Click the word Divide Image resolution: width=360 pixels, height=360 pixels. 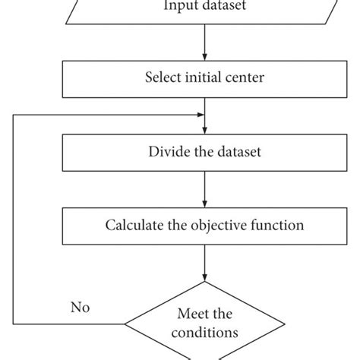pyautogui.click(x=166, y=151)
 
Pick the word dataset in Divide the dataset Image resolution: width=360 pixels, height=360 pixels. pyautogui.click(x=235, y=151)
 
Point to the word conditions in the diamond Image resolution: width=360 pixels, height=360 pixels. pyautogui.click(x=204, y=332)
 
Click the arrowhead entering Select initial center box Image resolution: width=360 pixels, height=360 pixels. pyautogui.click(x=204, y=56)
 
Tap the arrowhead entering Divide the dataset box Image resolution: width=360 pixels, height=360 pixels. pyautogui.click(x=204, y=131)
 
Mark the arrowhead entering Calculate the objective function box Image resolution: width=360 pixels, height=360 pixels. pyautogui.click(x=204, y=204)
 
